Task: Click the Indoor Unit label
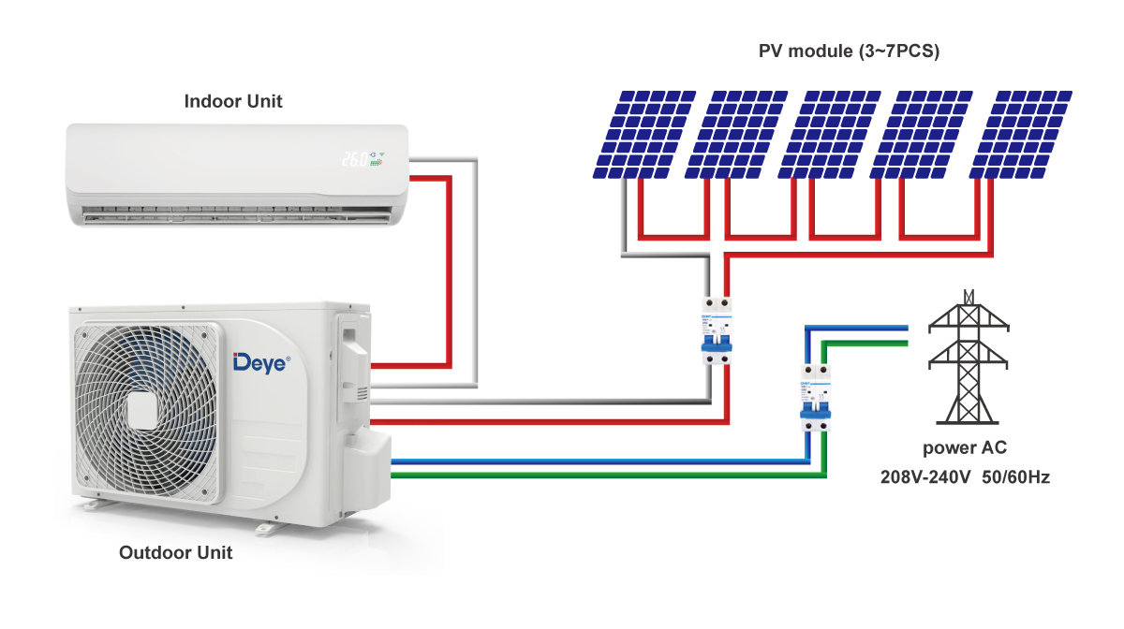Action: point(233,101)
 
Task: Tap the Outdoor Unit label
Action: point(175,552)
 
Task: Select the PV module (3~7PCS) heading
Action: point(849,51)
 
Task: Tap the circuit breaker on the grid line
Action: point(815,397)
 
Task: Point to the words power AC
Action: point(964,447)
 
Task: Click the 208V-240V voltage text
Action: point(924,477)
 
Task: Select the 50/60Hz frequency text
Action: point(1015,477)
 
